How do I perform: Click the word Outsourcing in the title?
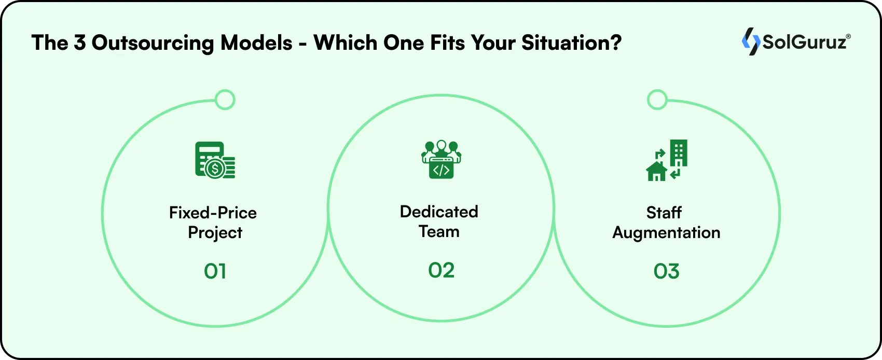pyautogui.click(x=153, y=44)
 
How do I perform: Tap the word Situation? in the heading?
pyautogui.click(x=572, y=43)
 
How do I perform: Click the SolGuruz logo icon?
pyautogui.click(x=751, y=41)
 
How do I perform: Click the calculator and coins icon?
pyautogui.click(x=215, y=160)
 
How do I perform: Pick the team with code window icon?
pyautogui.click(x=441, y=159)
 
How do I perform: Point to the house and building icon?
pyautogui.click(x=667, y=160)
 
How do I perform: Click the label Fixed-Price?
pyautogui.click(x=213, y=213)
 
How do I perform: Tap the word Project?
pyautogui.click(x=215, y=233)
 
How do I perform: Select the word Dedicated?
pyautogui.click(x=439, y=212)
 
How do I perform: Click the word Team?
pyautogui.click(x=439, y=231)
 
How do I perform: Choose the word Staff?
pyautogui.click(x=664, y=213)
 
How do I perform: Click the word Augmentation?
pyautogui.click(x=666, y=233)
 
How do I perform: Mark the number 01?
pyautogui.click(x=215, y=271)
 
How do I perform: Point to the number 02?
pyautogui.click(x=442, y=270)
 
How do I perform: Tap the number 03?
pyautogui.click(x=667, y=271)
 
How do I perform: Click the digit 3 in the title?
pyautogui.click(x=79, y=43)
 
